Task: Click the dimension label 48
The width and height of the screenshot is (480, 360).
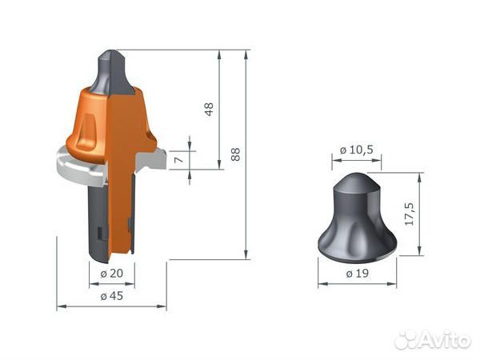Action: (210, 110)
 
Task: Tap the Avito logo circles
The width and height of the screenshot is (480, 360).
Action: (410, 339)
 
